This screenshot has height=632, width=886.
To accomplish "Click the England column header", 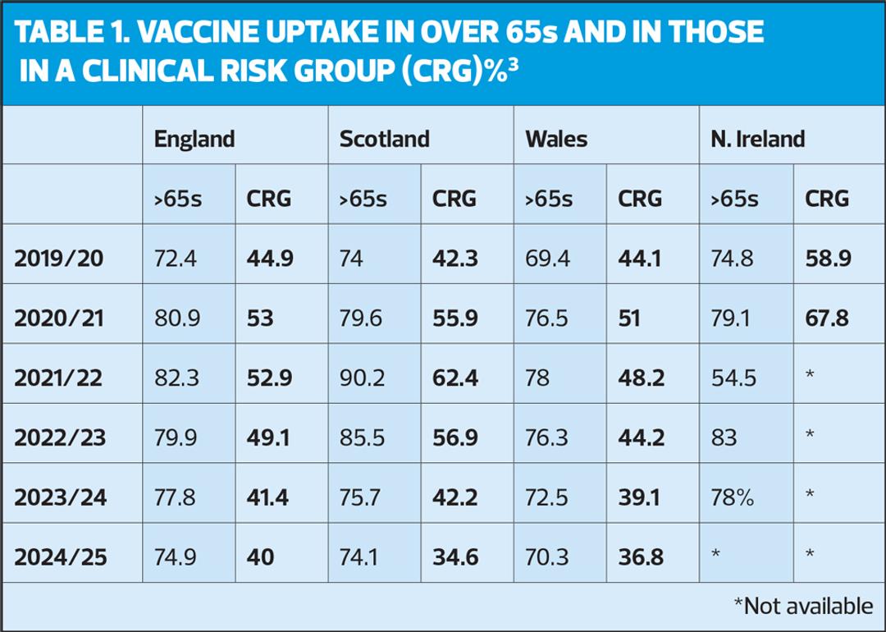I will click(x=194, y=139).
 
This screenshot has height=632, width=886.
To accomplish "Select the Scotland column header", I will click(x=384, y=139).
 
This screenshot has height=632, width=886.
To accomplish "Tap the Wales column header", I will click(x=556, y=139).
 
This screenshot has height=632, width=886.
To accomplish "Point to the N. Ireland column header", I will click(x=757, y=139).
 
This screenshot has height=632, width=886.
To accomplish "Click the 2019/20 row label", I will click(x=60, y=259).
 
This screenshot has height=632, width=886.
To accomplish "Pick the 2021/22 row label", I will click(x=60, y=377).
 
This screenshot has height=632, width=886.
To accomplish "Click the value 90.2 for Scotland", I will click(x=361, y=377).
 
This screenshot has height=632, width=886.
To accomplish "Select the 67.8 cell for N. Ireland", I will click(x=828, y=318).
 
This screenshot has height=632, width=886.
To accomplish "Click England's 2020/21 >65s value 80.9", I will click(x=176, y=318).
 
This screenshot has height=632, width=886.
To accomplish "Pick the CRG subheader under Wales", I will click(x=640, y=198).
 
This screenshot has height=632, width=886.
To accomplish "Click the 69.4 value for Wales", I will click(x=546, y=259).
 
